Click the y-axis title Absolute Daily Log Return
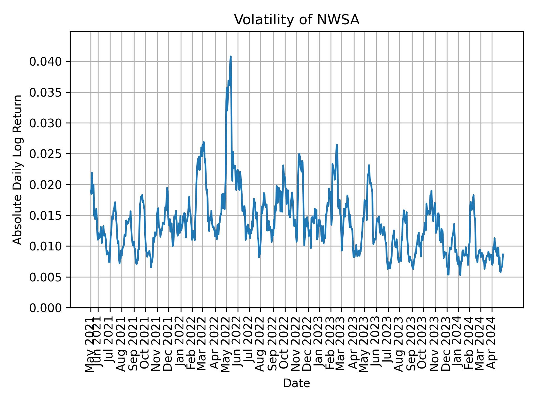(18, 169)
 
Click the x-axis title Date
(296, 383)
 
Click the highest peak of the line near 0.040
(231, 57)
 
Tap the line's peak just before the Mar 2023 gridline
(337, 145)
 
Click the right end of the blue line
(503, 254)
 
